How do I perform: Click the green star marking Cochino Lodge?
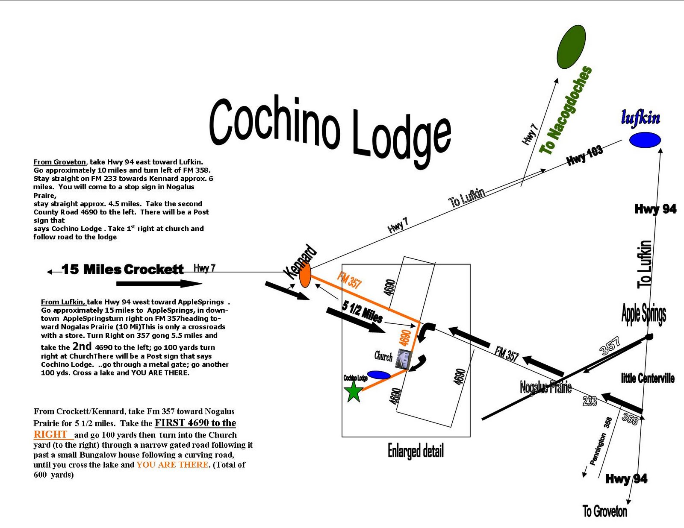(354, 391)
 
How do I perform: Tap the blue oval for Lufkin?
(645, 140)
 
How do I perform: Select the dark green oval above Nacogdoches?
(571, 47)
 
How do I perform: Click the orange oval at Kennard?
(305, 277)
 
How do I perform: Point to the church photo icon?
(403, 358)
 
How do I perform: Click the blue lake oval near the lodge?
(379, 375)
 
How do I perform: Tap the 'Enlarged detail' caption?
(416, 451)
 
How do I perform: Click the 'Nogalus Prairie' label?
(545, 387)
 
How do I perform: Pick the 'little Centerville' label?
(648, 378)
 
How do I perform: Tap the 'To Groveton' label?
(605, 511)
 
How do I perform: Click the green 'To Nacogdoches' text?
(566, 110)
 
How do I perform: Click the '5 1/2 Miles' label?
(362, 312)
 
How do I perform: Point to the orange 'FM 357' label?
(349, 280)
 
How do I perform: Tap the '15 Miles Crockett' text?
(123, 270)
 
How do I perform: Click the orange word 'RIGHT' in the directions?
(50, 434)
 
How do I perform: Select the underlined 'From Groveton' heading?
(60, 162)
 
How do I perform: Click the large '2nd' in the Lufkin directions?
(82, 346)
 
